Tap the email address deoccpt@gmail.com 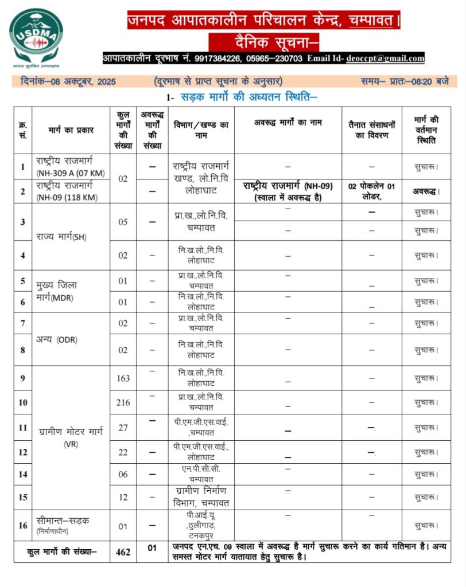point(385,58)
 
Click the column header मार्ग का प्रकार point(71,130)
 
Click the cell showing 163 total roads point(123,378)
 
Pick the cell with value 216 point(123,403)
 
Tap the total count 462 point(123,552)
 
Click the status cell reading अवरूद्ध point(426,191)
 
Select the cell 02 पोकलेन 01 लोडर point(372,191)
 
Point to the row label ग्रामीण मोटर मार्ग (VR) point(71,438)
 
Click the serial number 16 point(23,525)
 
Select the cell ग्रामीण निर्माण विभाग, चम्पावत point(201,497)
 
